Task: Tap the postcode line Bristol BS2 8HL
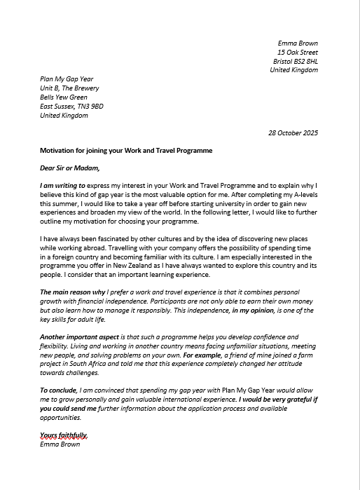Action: point(295,62)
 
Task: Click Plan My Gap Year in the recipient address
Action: point(67,79)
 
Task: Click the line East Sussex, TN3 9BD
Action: point(71,107)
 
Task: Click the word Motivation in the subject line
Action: point(59,151)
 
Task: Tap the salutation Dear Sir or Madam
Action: point(70,168)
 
